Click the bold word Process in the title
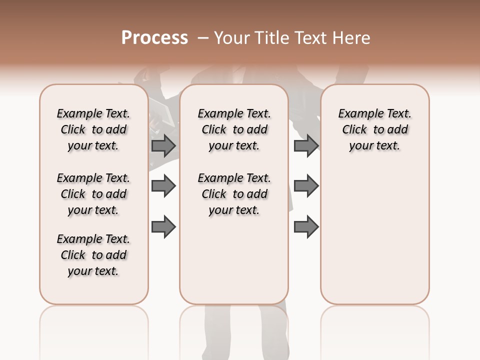(x=154, y=38)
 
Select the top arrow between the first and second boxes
(x=163, y=145)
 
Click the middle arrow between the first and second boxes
(x=163, y=186)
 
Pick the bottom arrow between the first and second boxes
(x=163, y=227)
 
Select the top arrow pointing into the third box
(x=306, y=145)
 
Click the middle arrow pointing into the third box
(x=306, y=186)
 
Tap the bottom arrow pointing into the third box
(x=306, y=227)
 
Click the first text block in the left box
(x=93, y=129)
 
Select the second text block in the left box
(x=93, y=194)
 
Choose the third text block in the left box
(x=93, y=255)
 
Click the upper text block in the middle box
(x=234, y=129)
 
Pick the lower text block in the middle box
(x=234, y=194)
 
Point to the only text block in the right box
(x=375, y=129)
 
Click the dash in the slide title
(x=202, y=38)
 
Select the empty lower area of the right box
(x=375, y=235)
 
